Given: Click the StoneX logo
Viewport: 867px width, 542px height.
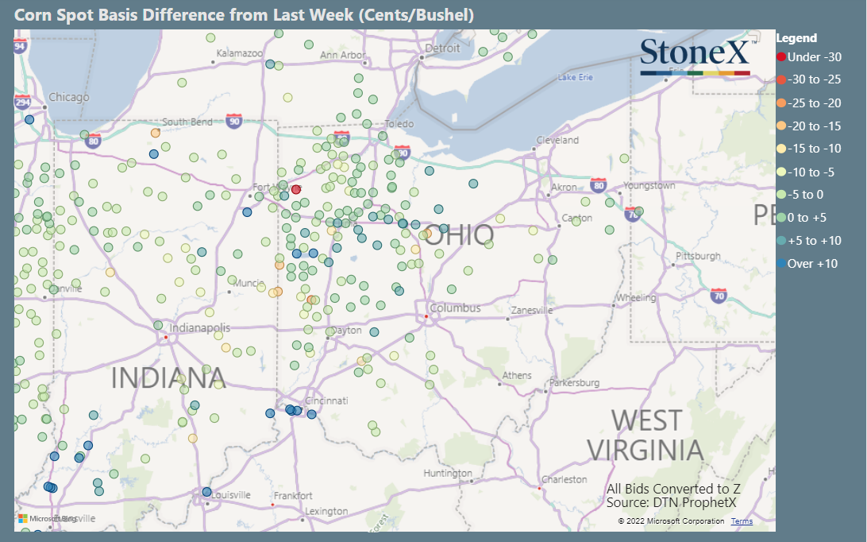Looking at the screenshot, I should (x=695, y=55).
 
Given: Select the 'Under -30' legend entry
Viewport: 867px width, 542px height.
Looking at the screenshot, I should (x=809, y=57).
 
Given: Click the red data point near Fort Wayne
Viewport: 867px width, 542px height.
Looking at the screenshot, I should (x=296, y=189).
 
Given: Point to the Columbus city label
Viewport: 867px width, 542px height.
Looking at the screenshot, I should (x=455, y=308).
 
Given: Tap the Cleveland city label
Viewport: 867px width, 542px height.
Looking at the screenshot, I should (x=557, y=140).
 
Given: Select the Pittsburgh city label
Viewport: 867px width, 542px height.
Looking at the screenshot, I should (x=698, y=256).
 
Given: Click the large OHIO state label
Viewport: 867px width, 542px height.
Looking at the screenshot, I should (x=458, y=235).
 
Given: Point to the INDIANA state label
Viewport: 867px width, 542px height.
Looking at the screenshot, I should (x=168, y=377).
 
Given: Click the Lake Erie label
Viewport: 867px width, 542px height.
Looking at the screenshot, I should (x=576, y=77).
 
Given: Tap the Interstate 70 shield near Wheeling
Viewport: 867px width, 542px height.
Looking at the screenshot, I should (x=719, y=294).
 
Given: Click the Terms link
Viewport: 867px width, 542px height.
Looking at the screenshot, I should (x=742, y=521).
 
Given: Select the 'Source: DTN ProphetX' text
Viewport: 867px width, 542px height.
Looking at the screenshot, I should (x=671, y=502).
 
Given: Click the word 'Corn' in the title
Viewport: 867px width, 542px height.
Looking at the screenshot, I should (x=32, y=15).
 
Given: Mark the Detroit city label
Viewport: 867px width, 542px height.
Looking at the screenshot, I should (x=442, y=48).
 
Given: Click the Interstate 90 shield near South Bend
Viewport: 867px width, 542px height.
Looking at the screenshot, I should (x=233, y=120).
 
